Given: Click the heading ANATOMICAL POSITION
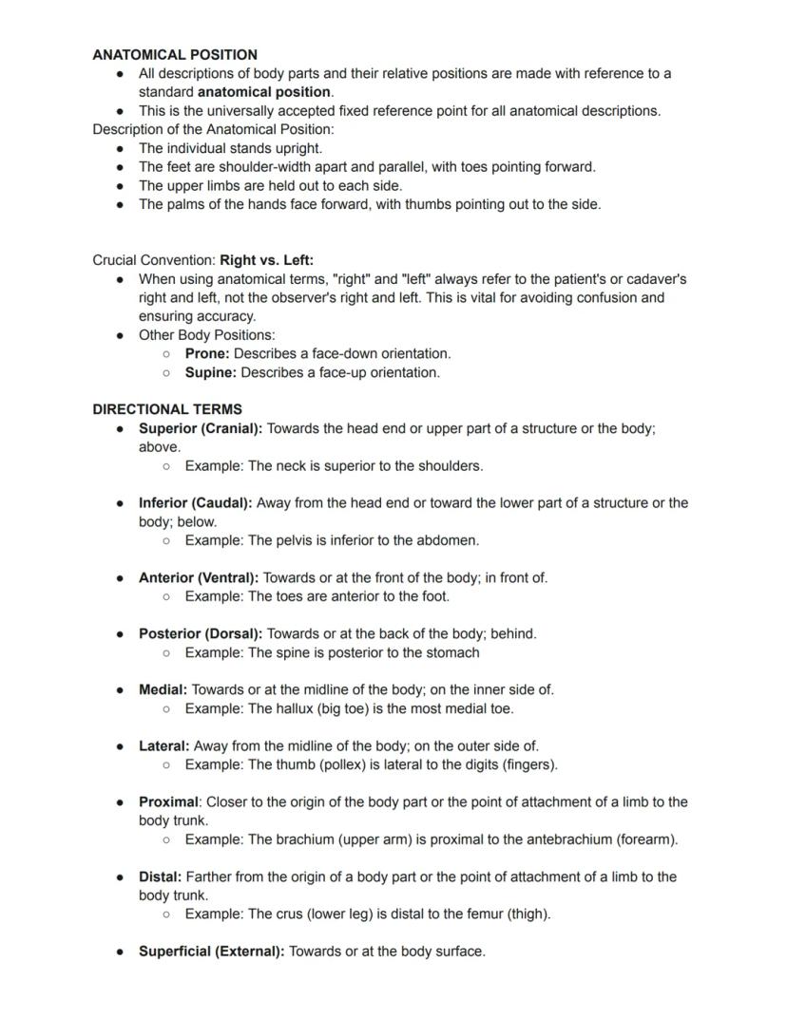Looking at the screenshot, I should [175, 55].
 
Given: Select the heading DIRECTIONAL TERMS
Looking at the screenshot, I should [167, 409].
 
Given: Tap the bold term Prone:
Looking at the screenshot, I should [207, 353].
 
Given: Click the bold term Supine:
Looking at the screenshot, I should [210, 372].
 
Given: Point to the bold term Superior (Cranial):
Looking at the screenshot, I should [201, 428].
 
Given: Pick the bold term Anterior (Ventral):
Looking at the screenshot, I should [199, 577].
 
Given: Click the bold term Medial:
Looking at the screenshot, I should [163, 689].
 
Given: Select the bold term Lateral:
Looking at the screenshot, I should [164, 745].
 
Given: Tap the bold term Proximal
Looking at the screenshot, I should [168, 801].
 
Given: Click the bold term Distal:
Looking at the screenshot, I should [160, 876].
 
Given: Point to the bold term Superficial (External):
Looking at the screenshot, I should [211, 951].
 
